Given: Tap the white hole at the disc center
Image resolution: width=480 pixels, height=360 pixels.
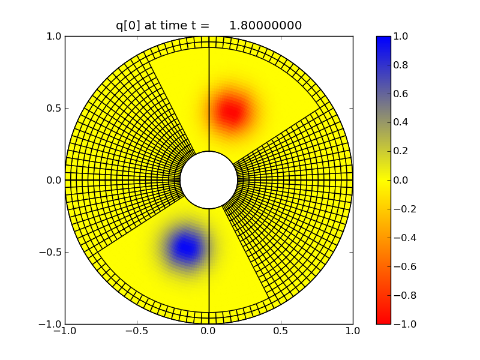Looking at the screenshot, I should (209, 180).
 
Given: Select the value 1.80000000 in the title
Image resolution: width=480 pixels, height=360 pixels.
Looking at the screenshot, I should (265, 25).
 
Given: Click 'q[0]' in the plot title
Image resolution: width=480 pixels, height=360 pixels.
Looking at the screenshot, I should (128, 25).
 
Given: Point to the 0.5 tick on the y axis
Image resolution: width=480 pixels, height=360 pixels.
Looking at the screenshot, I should (54, 108).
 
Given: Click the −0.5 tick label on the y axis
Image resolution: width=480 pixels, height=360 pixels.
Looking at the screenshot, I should (50, 252).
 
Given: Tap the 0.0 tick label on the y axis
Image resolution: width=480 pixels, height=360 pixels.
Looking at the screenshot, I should (54, 180).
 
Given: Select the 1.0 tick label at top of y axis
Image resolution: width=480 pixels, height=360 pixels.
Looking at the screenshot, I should (54, 36).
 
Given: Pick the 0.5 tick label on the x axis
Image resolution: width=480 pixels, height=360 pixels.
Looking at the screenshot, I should (281, 331).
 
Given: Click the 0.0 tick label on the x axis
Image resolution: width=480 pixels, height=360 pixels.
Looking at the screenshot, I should (209, 331).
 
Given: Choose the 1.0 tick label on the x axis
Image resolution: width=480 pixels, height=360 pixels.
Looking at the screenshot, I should (353, 331).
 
